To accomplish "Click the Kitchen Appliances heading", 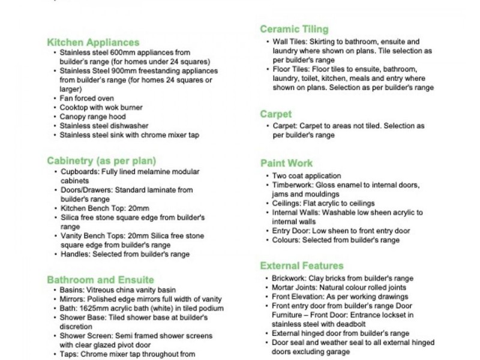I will tap(93, 43).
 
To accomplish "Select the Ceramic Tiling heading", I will tap(294, 29).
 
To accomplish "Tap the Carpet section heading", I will tap(276, 114).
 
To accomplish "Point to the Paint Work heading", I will tap(286, 163).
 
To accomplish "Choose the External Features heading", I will tap(302, 266).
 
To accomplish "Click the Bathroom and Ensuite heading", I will tap(100, 280).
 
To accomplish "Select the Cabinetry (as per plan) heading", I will tap(101, 161).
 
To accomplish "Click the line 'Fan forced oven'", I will tap(86, 98).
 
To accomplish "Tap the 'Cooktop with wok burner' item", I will tap(101, 107).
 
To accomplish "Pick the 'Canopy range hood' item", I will tap(92, 117).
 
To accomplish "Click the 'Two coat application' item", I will tap(306, 176).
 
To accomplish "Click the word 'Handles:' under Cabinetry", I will tap(75, 254).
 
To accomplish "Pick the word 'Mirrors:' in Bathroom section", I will tap(73, 299).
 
